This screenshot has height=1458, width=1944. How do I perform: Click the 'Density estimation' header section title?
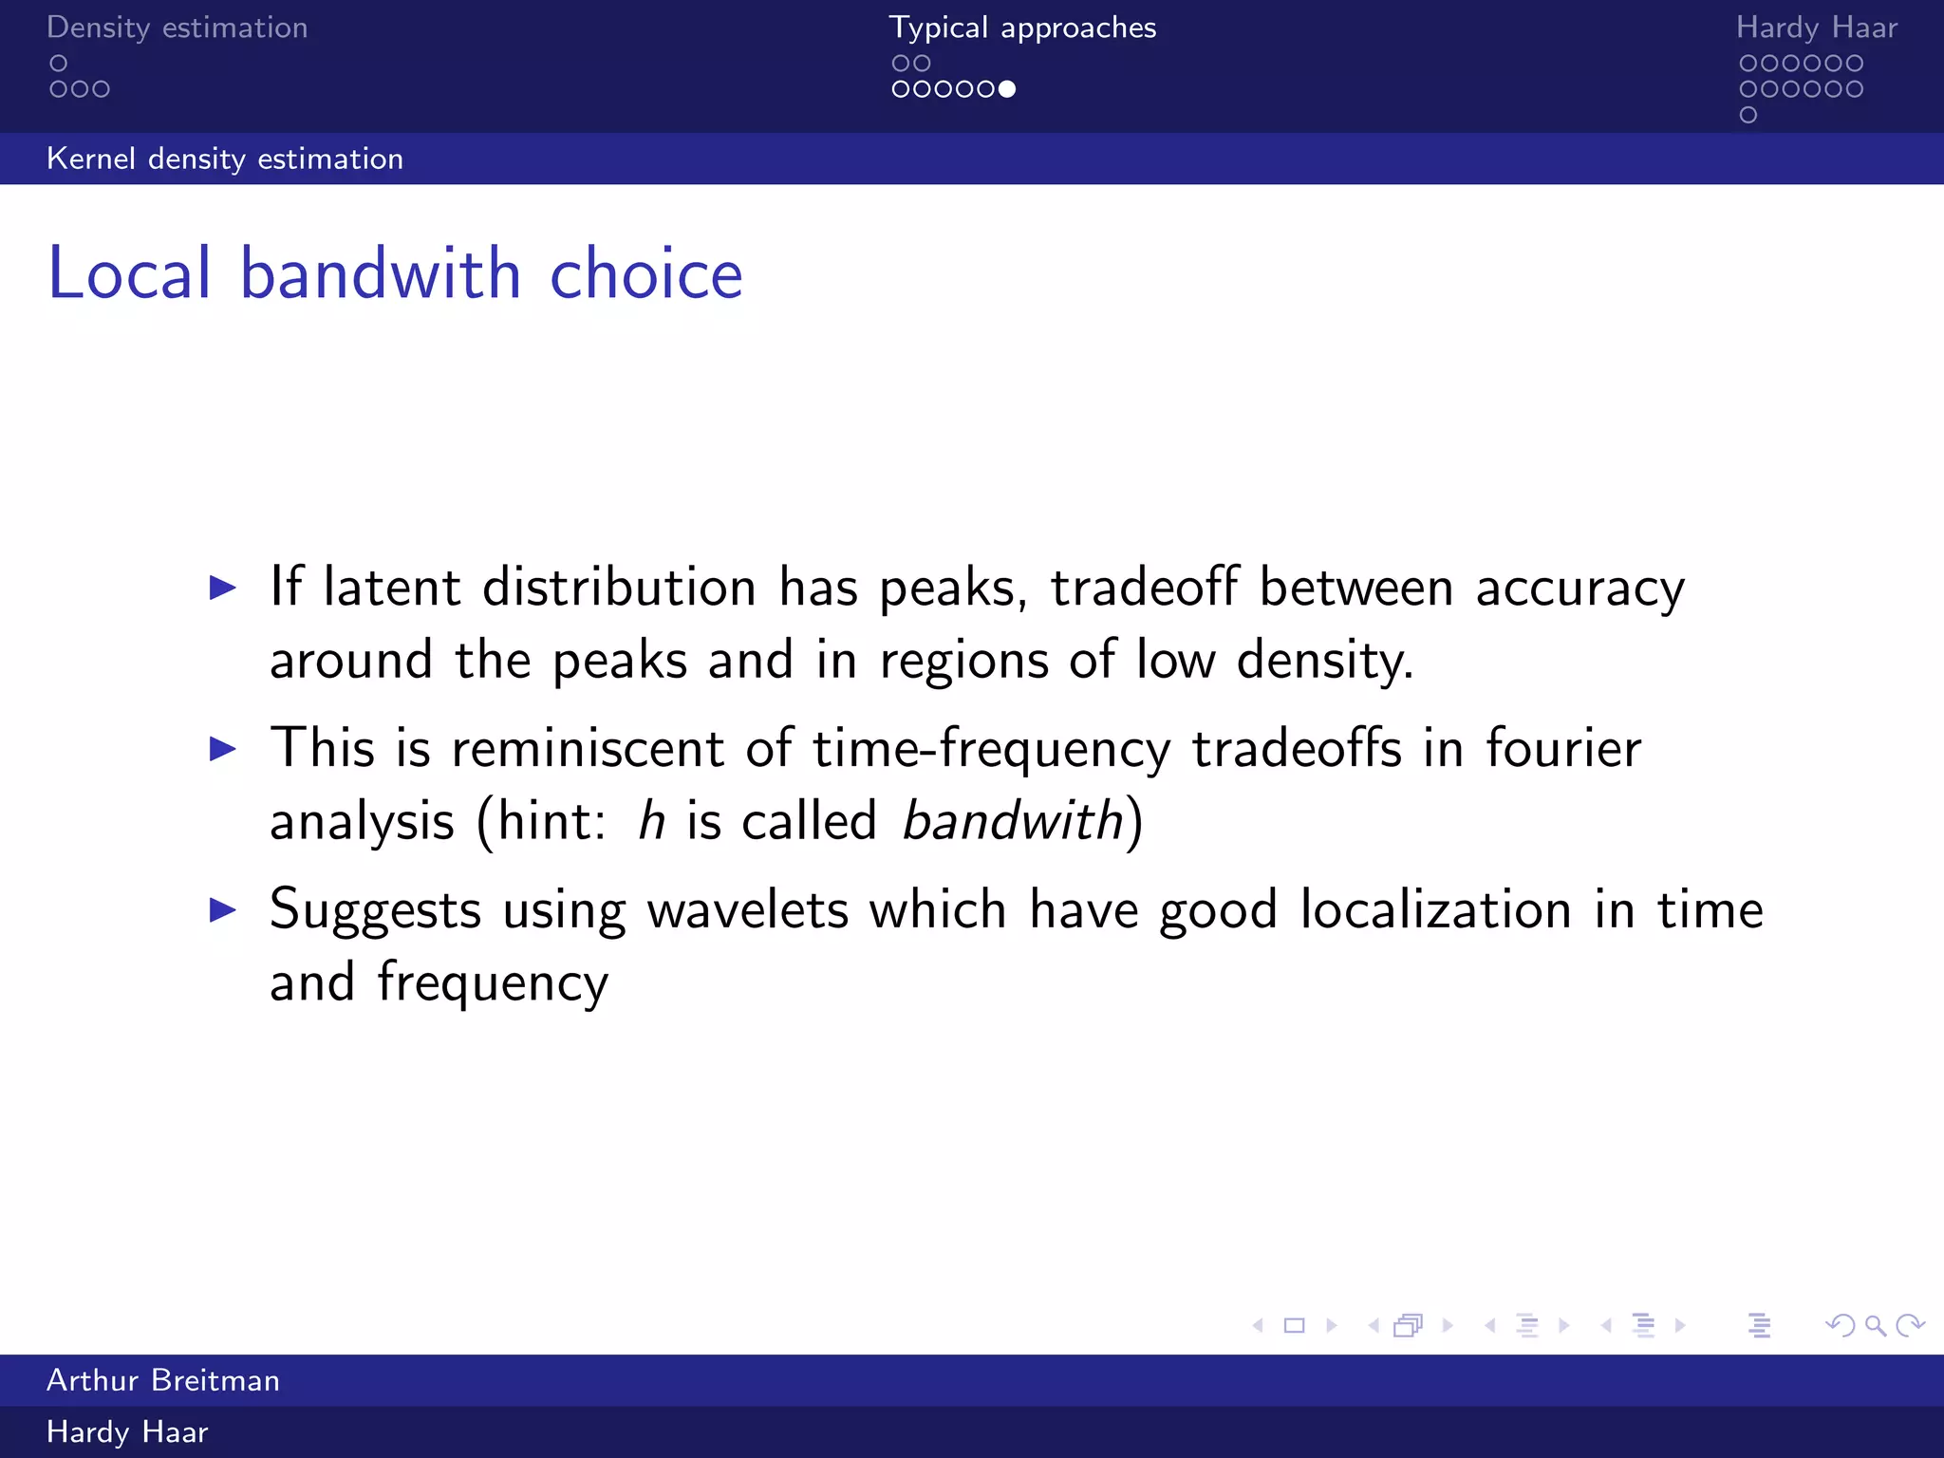[x=178, y=28]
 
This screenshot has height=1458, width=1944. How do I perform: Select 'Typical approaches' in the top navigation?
[x=1022, y=28]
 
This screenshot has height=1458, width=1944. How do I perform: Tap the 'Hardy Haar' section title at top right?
[x=1816, y=28]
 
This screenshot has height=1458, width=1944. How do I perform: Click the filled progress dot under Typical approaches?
[x=1007, y=89]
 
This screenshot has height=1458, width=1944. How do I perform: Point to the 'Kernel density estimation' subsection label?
[x=225, y=159]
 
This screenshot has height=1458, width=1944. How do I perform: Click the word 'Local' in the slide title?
[x=130, y=273]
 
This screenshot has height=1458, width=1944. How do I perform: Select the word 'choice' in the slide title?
[x=645, y=273]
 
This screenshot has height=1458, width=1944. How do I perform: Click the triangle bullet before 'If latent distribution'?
[x=223, y=588]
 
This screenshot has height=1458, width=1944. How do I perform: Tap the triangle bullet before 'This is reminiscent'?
[x=223, y=749]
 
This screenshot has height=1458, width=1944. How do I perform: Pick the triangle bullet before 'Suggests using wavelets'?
[x=223, y=910]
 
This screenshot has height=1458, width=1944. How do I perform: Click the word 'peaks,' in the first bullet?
[x=953, y=589]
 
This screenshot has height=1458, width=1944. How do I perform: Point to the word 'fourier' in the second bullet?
[x=1562, y=748]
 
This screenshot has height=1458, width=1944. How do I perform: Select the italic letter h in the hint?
[x=651, y=820]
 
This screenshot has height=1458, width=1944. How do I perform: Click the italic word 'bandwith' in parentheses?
[x=1012, y=820]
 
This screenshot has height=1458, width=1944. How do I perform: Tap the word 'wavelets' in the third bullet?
[x=747, y=909]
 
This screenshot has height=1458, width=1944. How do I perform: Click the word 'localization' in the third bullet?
[x=1435, y=909]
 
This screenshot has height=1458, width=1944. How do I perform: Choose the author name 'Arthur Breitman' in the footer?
[x=163, y=1380]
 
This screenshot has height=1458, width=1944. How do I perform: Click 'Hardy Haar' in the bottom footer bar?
[x=127, y=1432]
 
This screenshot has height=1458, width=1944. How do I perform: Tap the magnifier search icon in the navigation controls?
[x=1875, y=1325]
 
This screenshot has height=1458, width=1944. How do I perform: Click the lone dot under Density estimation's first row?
[x=59, y=64]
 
